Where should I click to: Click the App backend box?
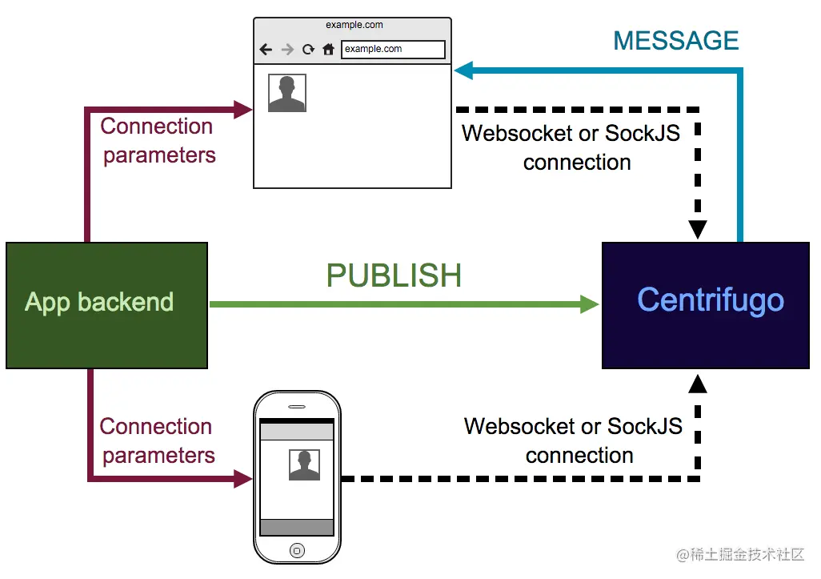(106, 305)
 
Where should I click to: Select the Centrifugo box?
(706, 305)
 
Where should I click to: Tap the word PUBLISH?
(394, 275)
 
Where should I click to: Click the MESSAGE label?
(676, 40)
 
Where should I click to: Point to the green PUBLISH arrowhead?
(590, 304)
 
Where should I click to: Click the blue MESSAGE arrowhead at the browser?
(464, 70)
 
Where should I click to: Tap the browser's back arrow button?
(266, 50)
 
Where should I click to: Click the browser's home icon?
(328, 50)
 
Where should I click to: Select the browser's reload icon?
(308, 50)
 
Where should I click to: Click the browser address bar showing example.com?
(393, 50)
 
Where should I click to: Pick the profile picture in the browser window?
(287, 93)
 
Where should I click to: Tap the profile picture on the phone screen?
(304, 464)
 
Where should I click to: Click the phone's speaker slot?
(297, 407)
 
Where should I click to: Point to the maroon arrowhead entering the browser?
(243, 110)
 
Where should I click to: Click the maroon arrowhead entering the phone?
(243, 478)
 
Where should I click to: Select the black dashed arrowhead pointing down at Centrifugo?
(698, 230)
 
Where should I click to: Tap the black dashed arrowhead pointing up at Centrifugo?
(698, 384)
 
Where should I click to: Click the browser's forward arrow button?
(287, 50)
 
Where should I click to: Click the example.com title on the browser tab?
(354, 25)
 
